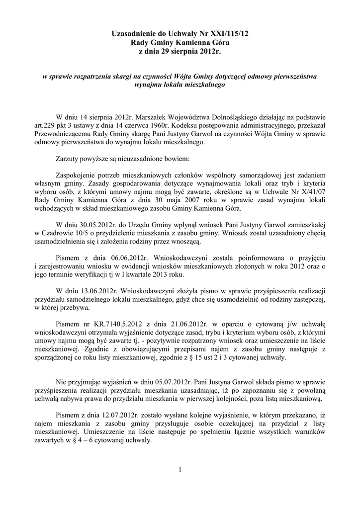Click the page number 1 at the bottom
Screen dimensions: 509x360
point(180,470)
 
